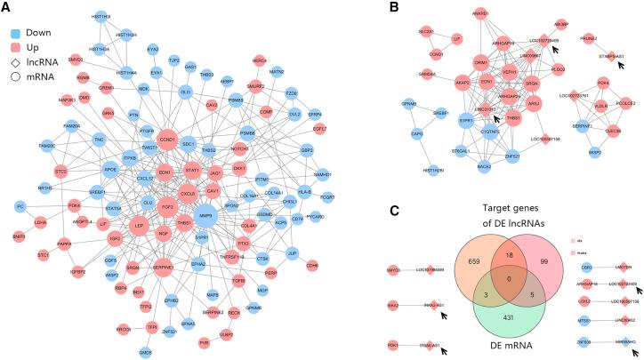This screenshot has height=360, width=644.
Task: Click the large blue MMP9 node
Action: tap(207, 215)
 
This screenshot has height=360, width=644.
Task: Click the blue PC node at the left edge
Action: tap(19, 207)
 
